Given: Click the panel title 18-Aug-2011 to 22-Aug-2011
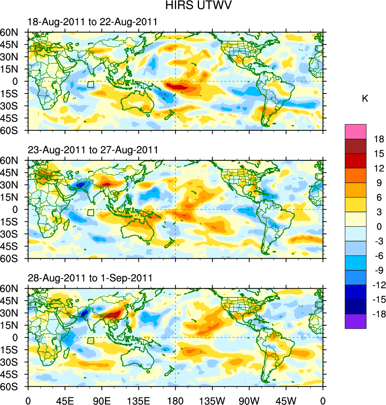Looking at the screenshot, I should coord(92,22).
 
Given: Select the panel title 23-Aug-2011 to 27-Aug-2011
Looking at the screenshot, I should coord(93,150).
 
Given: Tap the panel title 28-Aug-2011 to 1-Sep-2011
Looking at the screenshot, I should coord(90,278).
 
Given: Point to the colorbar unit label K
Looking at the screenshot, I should coord(365,99).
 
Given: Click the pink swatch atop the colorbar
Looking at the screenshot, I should coord(356,131).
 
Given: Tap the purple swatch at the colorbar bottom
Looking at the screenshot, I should coord(356,321).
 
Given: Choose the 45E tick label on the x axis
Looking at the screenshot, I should coord(65,400).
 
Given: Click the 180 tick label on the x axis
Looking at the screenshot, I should coord(175,400).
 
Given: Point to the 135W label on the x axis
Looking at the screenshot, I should coord(212,400).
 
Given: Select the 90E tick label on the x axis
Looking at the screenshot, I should coord(102,400).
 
